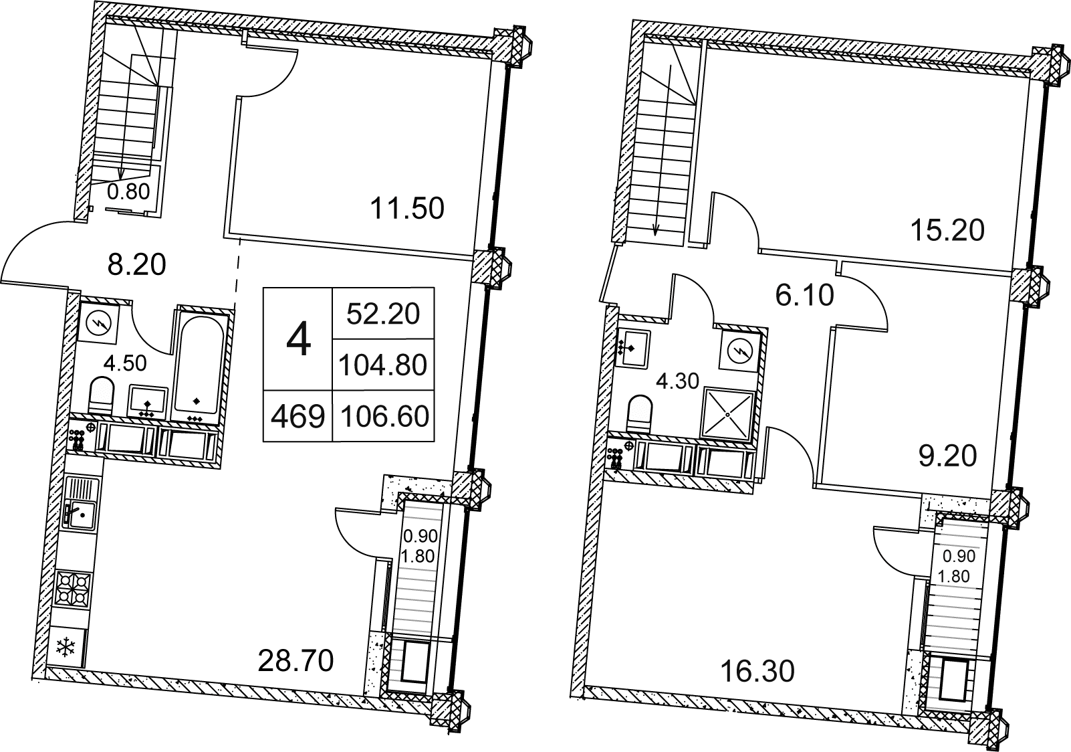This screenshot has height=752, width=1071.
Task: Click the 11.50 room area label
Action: pyautogui.click(x=407, y=209)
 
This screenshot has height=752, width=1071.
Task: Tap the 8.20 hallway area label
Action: pyautogui.click(x=137, y=264)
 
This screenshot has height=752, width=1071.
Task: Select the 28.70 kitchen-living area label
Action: pyautogui.click(x=295, y=661)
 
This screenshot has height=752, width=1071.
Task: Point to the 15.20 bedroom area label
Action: pyautogui.click(x=947, y=231)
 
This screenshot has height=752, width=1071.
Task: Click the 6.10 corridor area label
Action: pyautogui.click(x=805, y=295)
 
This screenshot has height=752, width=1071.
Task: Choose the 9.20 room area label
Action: pyautogui.click(x=947, y=456)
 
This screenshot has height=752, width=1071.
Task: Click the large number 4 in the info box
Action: pyautogui.click(x=298, y=340)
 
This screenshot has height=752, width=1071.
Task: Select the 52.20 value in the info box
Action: pyautogui.click(x=383, y=314)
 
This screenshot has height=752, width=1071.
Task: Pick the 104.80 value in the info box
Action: pyautogui.click(x=383, y=365)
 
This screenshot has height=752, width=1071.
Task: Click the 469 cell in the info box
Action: pyautogui.click(x=298, y=417)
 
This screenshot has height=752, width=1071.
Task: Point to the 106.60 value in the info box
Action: pyautogui.click(x=384, y=417)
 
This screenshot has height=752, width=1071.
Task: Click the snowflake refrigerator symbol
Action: pyautogui.click(x=66, y=647)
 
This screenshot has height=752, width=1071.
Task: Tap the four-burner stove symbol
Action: pyautogui.click(x=73, y=589)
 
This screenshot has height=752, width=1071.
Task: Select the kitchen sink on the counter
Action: pyautogui.click(x=82, y=502)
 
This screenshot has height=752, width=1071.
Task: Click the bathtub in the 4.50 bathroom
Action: pyautogui.click(x=198, y=367)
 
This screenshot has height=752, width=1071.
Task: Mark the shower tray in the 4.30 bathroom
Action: pyautogui.click(x=727, y=414)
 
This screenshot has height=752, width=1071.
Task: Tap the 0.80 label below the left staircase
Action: pyautogui.click(x=128, y=192)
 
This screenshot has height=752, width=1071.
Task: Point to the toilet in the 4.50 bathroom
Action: pyautogui.click(x=102, y=395)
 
